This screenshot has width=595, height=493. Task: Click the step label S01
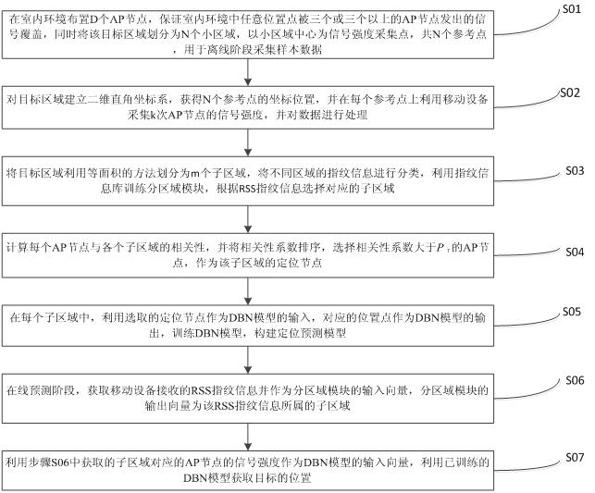(x=572, y=8)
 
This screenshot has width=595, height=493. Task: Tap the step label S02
(x=570, y=92)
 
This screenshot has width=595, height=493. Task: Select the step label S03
(x=575, y=170)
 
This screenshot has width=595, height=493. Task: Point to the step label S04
(x=575, y=252)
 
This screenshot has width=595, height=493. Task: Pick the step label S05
(x=572, y=312)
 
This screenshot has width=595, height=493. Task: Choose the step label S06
(x=575, y=380)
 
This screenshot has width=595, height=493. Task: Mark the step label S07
(x=575, y=457)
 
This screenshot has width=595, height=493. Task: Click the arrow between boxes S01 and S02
(x=248, y=72)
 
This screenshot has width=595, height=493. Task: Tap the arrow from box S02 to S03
(x=248, y=142)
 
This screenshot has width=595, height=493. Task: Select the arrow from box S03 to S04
(x=248, y=219)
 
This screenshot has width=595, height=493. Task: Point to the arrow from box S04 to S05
(x=248, y=291)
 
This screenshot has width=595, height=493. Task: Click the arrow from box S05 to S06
(x=248, y=361)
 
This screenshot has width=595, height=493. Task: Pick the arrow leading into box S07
(x=248, y=438)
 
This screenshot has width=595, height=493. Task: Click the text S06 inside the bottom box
(x=60, y=462)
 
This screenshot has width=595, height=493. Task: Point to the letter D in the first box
(x=94, y=18)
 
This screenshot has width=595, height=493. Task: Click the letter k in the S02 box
(x=154, y=115)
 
